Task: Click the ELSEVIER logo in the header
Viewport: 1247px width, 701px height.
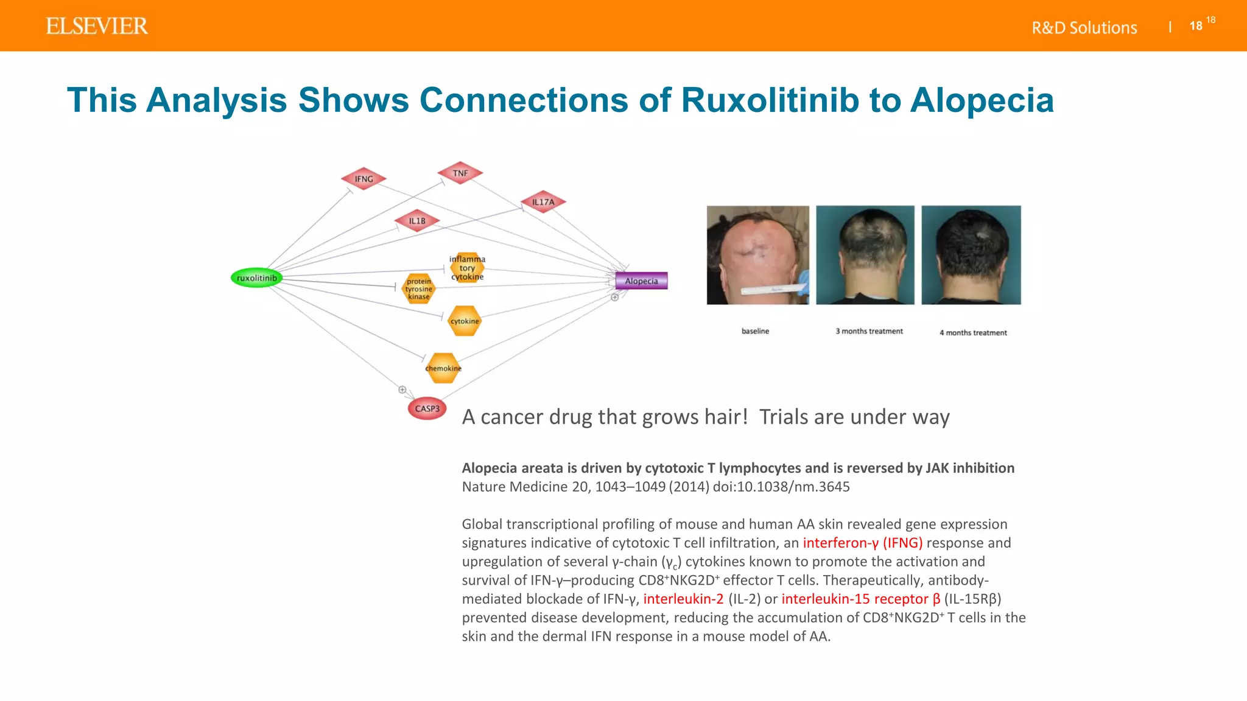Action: point(97,26)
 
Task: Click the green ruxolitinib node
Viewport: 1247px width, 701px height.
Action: point(256,278)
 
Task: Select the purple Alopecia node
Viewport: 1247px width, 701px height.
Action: point(641,281)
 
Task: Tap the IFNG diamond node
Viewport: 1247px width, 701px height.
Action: point(364,179)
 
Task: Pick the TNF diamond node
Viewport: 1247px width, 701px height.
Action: point(460,173)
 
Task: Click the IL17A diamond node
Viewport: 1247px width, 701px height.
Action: point(543,202)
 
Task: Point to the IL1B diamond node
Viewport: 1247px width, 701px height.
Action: point(417,221)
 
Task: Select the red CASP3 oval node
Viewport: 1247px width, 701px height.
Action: point(427,409)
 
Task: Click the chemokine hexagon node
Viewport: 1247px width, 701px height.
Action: point(443,368)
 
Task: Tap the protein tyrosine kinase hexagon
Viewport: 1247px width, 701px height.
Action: point(419,289)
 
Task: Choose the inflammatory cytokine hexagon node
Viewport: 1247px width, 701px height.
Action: point(467,268)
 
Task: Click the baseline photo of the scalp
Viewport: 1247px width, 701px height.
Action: point(757,254)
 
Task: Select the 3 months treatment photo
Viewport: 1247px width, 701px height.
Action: point(865,254)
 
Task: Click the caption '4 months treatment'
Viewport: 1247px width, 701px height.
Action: point(973,333)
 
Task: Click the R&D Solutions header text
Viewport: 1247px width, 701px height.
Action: point(1084,28)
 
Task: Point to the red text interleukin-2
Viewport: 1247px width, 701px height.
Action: point(683,599)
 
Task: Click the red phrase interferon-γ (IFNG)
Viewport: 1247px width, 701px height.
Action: point(862,543)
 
